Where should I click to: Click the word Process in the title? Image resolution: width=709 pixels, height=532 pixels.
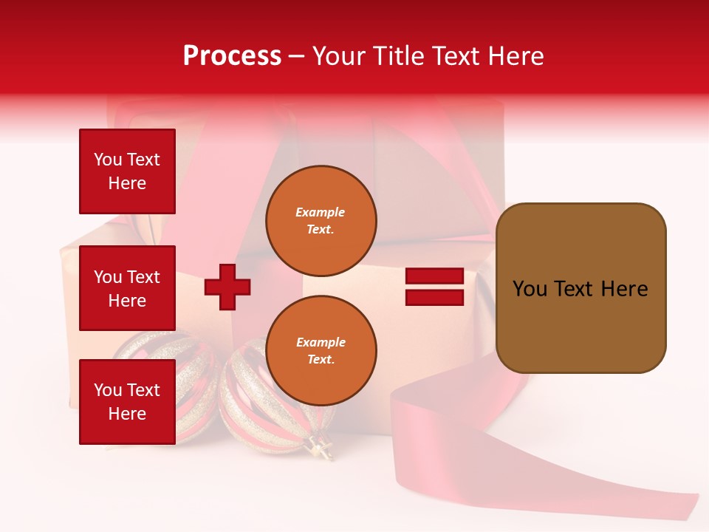232,56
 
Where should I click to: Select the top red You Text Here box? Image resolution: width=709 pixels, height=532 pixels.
127,171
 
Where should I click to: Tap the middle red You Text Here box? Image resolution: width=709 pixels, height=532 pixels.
127,288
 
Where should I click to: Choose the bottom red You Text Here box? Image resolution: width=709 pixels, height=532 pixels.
127,401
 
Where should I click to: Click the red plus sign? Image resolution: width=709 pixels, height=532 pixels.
227,287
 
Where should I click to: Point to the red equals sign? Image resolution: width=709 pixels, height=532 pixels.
434,287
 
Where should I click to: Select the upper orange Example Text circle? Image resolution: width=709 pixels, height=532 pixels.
321,221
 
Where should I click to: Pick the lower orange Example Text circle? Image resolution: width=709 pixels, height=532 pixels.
321,351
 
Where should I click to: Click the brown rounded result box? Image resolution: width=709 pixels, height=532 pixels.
580,288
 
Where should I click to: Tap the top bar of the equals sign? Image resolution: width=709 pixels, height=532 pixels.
434,276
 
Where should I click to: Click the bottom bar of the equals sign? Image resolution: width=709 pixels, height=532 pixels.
434,298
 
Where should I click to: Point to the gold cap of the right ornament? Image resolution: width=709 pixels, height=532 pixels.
319,446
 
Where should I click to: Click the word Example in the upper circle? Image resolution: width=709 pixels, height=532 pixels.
321,212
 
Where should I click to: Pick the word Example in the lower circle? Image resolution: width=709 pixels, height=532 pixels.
321,342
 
